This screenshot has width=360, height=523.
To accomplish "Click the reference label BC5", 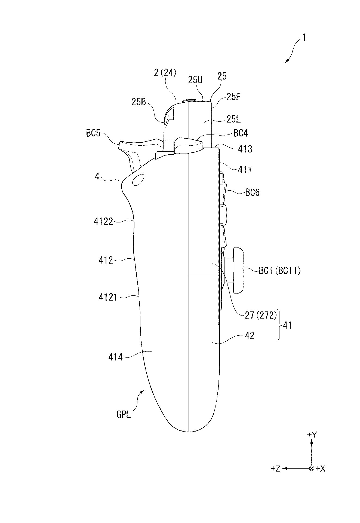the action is [x=93, y=133].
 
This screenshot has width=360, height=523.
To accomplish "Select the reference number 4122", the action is [x=103, y=222].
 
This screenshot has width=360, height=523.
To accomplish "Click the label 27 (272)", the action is [x=259, y=315].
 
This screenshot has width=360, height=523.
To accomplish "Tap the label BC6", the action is [x=252, y=193].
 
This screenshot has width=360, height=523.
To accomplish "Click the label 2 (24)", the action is [x=165, y=73].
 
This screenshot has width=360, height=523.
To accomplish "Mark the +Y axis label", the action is [x=312, y=435].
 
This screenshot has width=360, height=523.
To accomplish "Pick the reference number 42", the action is [x=249, y=336].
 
